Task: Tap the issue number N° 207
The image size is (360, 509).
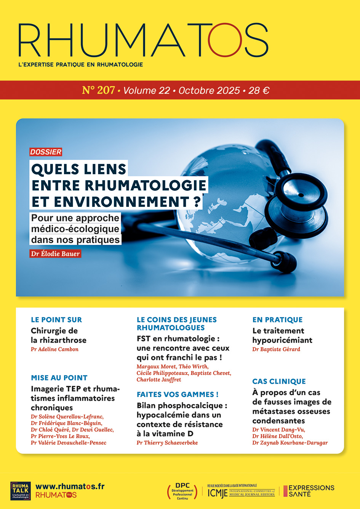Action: pyautogui.click(x=98, y=90)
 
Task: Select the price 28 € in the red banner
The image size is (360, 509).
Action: pyautogui.click(x=259, y=91)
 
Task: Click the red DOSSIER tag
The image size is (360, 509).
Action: pyautogui.click(x=46, y=152)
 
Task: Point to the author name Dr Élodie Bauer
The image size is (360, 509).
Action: pyautogui.click(x=55, y=253)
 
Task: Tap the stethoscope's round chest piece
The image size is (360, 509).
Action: pyautogui.click(x=301, y=198)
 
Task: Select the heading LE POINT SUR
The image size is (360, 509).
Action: pyautogui.click(x=56, y=320)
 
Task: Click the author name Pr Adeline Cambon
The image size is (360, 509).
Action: pyautogui.click(x=54, y=349)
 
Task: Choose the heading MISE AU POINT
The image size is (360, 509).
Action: pyautogui.click(x=59, y=378)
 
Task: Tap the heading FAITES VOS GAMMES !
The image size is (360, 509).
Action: pyautogui.click(x=178, y=394)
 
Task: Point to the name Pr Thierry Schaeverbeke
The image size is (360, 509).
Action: pyautogui.click(x=167, y=443)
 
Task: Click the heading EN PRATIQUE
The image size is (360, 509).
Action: pyautogui.click(x=277, y=320)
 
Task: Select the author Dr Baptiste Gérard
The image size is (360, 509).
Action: pyautogui.click(x=276, y=349)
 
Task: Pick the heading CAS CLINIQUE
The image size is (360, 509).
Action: pyautogui.click(x=279, y=381)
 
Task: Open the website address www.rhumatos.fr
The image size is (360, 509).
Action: pyautogui.click(x=70, y=486)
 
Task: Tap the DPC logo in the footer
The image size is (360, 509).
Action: pyautogui.click(x=182, y=491)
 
